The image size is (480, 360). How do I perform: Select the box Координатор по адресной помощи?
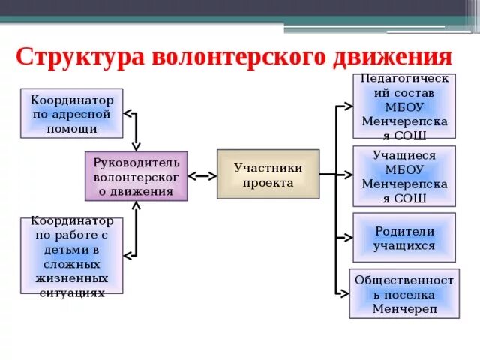[x=71, y=113]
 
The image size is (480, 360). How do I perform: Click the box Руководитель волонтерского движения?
[x=136, y=176]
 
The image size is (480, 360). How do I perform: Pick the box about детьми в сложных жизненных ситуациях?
[x=71, y=255]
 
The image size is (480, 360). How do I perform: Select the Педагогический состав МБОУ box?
[x=404, y=106]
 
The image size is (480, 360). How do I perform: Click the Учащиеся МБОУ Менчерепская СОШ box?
[x=404, y=176]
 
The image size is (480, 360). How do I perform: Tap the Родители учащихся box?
[x=404, y=238]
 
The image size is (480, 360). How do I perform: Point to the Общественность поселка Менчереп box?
[x=404, y=292]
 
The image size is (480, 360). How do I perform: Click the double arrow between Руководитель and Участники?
[x=202, y=176]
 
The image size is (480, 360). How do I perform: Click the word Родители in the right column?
[x=404, y=231]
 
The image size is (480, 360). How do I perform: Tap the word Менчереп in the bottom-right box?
[x=404, y=307]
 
